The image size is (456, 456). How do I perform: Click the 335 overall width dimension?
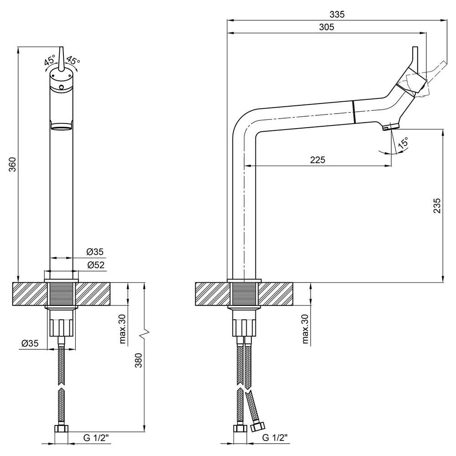[337, 14]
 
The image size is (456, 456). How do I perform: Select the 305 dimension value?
[326, 27]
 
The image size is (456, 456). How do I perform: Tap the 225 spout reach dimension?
[317, 160]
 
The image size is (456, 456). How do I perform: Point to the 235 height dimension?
[437, 206]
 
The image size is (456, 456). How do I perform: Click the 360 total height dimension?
[12, 164]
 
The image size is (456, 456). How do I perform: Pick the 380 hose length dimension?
[139, 360]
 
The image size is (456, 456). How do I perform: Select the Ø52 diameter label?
[95, 265]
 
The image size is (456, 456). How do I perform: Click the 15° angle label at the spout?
[403, 143]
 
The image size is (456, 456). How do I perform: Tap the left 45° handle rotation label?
[50, 60]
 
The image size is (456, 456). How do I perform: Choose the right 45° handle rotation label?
[73, 60]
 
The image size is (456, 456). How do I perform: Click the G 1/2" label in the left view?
[96, 438]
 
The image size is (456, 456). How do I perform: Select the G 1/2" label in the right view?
[275, 437]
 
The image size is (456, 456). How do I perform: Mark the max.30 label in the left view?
[123, 329]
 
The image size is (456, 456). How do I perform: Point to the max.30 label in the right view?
[305, 329]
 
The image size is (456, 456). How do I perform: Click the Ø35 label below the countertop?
[30, 343]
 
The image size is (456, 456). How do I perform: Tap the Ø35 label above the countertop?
[95, 252]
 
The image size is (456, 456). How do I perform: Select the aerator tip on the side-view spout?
[391, 127]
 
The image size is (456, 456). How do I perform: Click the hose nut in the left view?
[62, 428]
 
